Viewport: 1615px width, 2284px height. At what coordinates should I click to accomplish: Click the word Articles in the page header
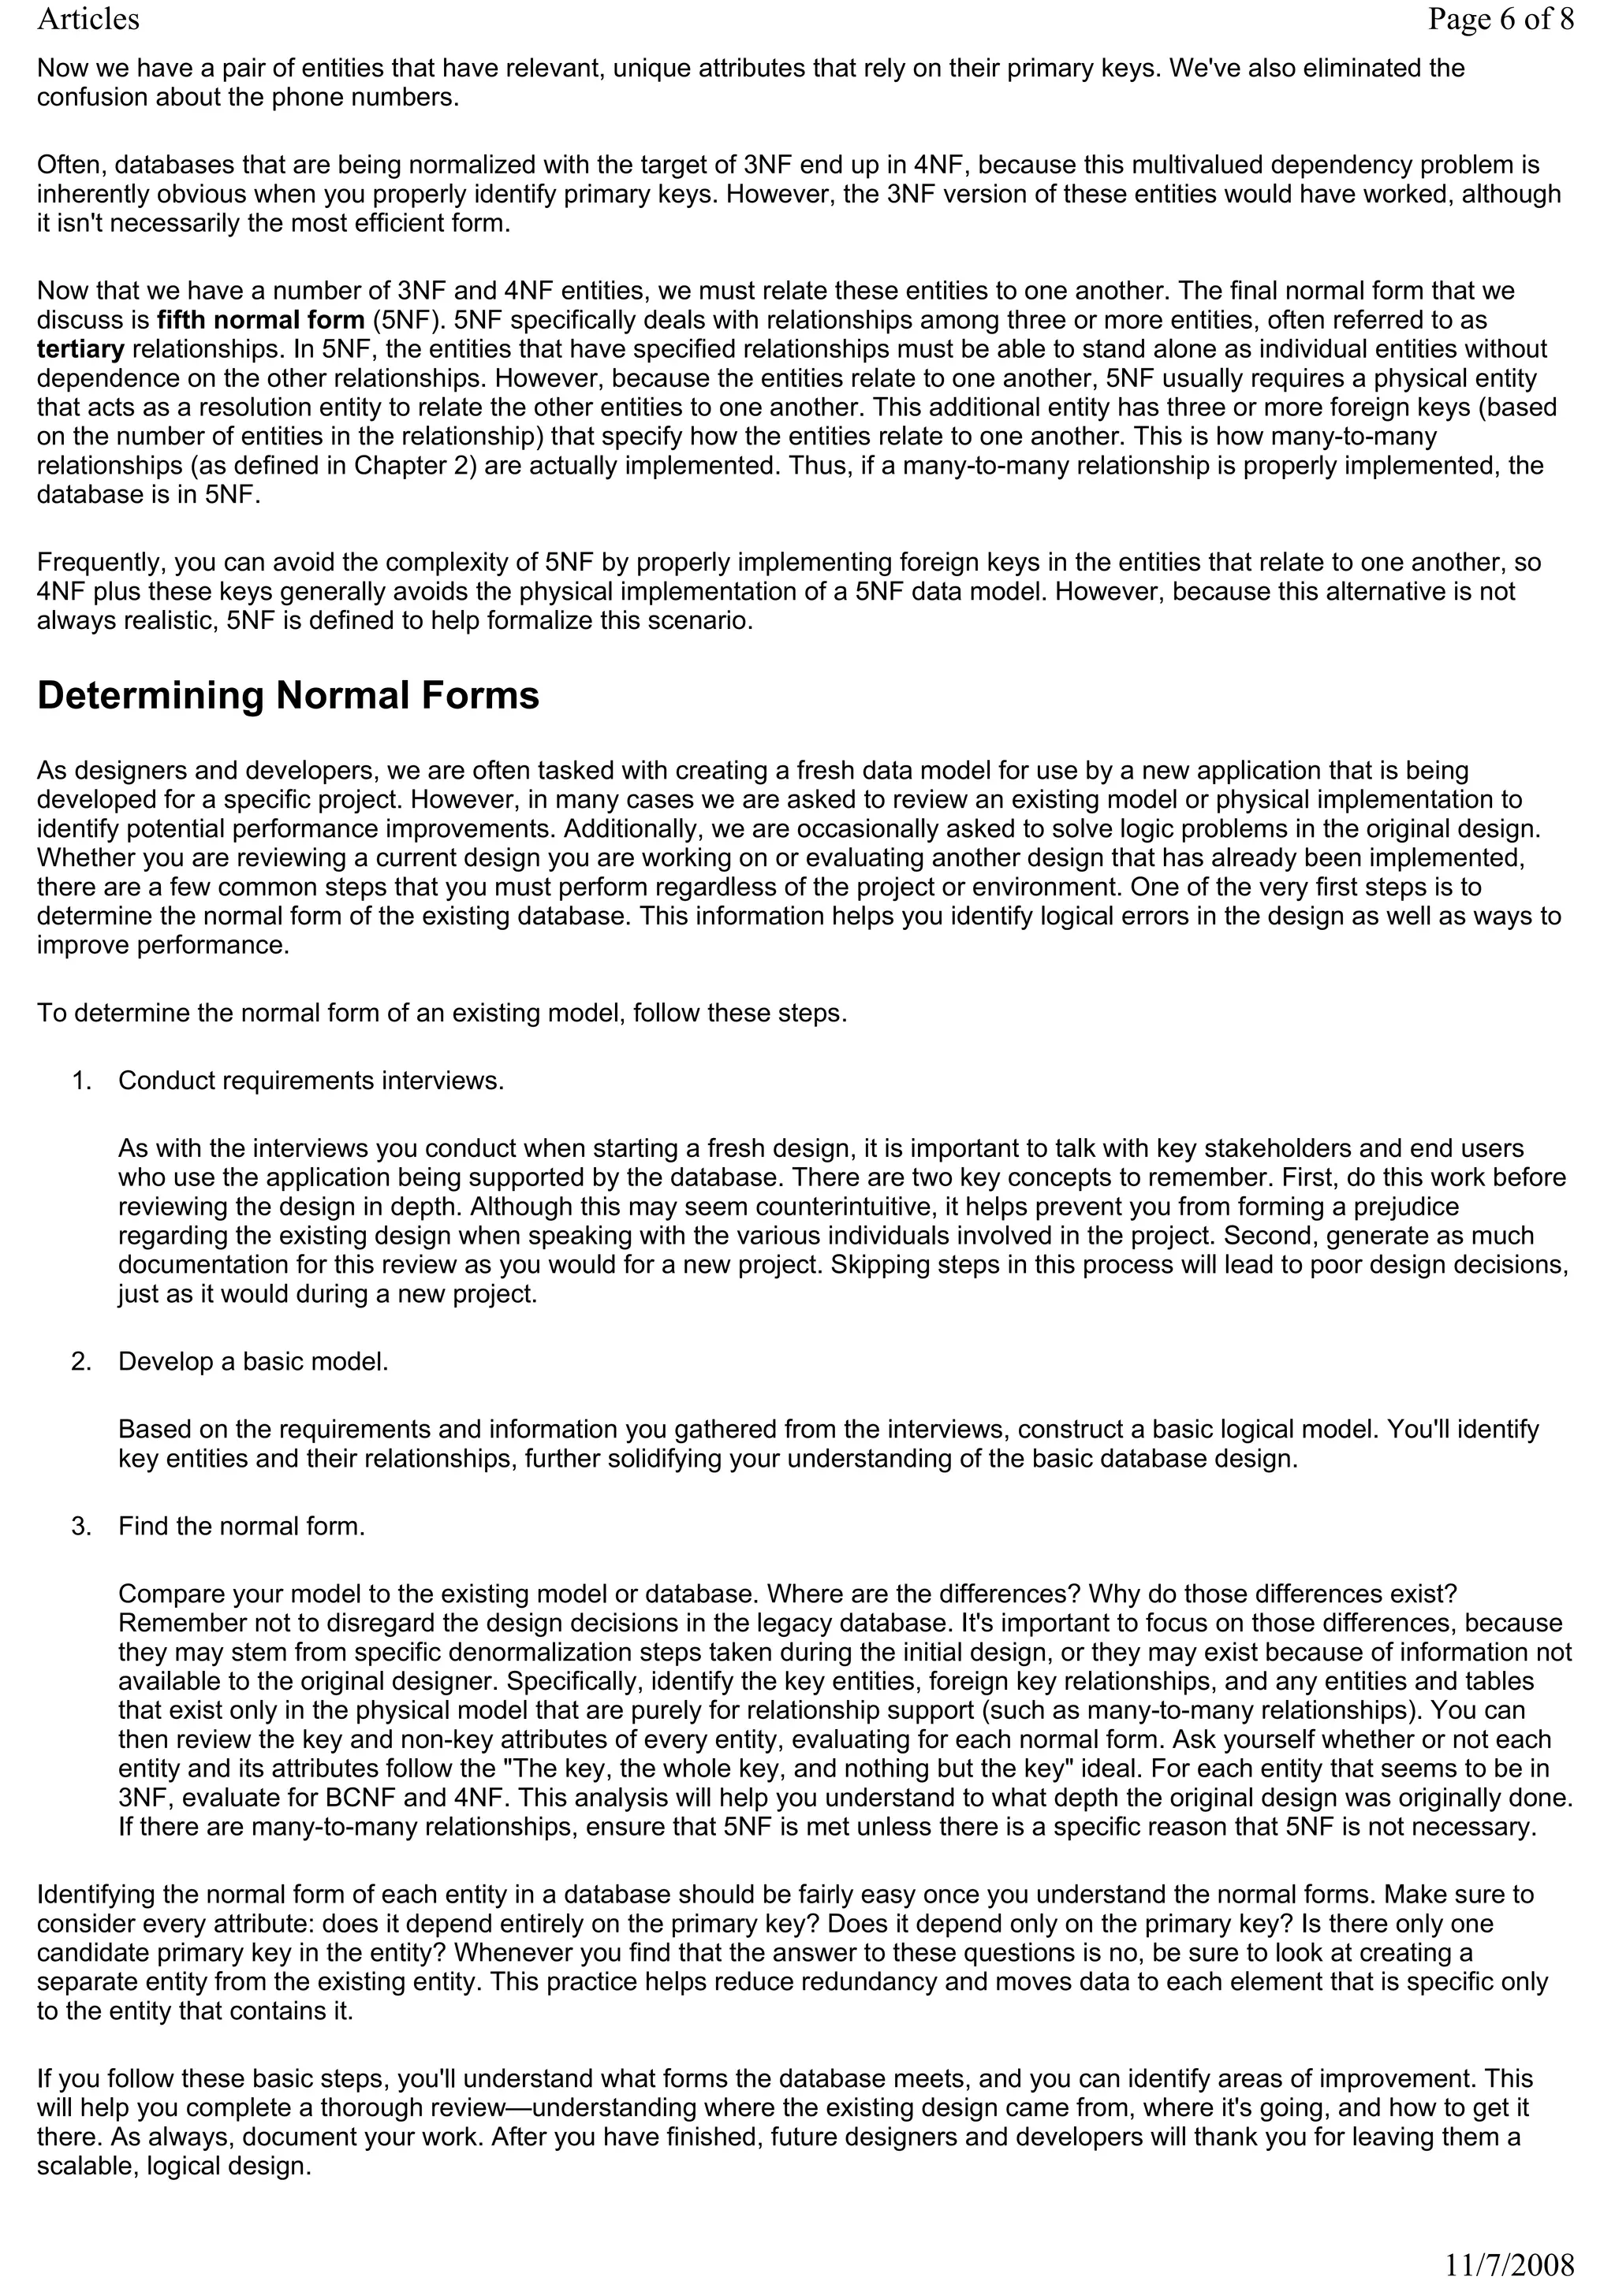[88, 20]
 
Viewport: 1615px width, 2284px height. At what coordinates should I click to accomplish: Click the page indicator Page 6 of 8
[1500, 20]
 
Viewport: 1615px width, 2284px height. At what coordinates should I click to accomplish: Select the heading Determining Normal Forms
[288, 695]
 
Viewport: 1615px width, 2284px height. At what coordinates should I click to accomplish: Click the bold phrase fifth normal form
[261, 320]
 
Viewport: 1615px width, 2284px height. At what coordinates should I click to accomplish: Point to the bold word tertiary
[80, 349]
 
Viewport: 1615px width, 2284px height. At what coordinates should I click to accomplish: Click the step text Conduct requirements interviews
[311, 1081]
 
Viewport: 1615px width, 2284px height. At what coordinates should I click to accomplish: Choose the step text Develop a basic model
[253, 1362]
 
